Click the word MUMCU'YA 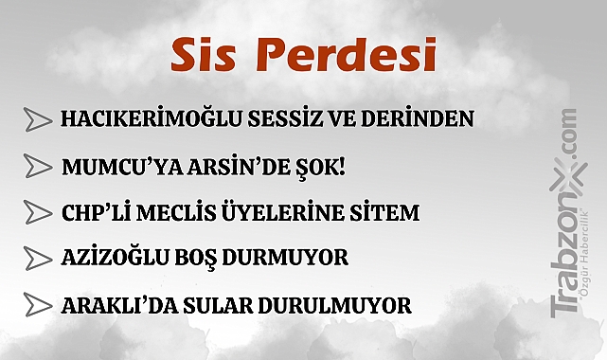pos(109,167)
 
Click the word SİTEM pos(387,212)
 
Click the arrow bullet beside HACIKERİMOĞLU pos(38,120)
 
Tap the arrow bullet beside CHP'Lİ pos(38,212)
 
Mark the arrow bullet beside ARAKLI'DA pos(38,305)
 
